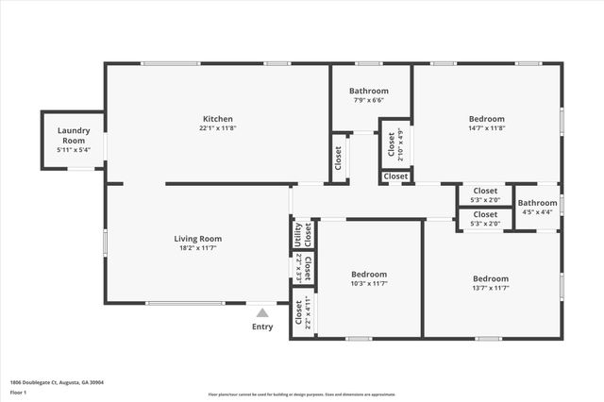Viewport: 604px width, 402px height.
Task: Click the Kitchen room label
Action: pyautogui.click(x=217, y=119)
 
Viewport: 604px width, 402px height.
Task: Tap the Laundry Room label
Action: pyautogui.click(x=73, y=136)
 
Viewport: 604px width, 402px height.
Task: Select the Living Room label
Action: pyautogui.click(x=197, y=239)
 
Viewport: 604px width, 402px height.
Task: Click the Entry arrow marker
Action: pyautogui.click(x=261, y=312)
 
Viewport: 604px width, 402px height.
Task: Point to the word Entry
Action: pyautogui.click(x=261, y=327)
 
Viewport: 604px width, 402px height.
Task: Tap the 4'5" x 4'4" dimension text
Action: pyautogui.click(x=537, y=212)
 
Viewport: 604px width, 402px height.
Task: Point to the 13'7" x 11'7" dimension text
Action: pyautogui.click(x=491, y=289)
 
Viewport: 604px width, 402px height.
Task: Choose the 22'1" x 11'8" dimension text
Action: pyautogui.click(x=217, y=128)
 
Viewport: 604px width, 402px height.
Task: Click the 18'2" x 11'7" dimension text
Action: pyautogui.click(x=197, y=248)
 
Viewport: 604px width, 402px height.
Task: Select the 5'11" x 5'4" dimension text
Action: pyautogui.click(x=73, y=150)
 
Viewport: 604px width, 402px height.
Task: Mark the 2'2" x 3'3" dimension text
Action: pyautogui.click(x=299, y=268)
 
